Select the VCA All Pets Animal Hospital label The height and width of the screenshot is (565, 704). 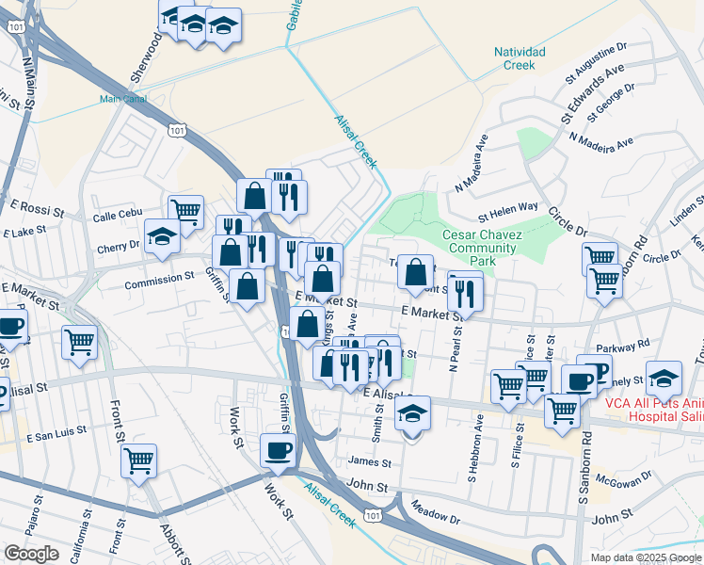click(x=641, y=410)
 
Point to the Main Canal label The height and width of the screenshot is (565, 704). click(x=122, y=98)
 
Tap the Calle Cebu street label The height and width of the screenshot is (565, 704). click(x=117, y=218)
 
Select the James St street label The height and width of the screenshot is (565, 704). click(x=369, y=462)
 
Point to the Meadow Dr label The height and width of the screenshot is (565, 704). click(x=435, y=517)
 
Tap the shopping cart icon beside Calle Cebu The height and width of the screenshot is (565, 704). click(x=185, y=211)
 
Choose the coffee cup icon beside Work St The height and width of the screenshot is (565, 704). click(x=278, y=449)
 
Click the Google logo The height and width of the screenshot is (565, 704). click(x=31, y=554)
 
